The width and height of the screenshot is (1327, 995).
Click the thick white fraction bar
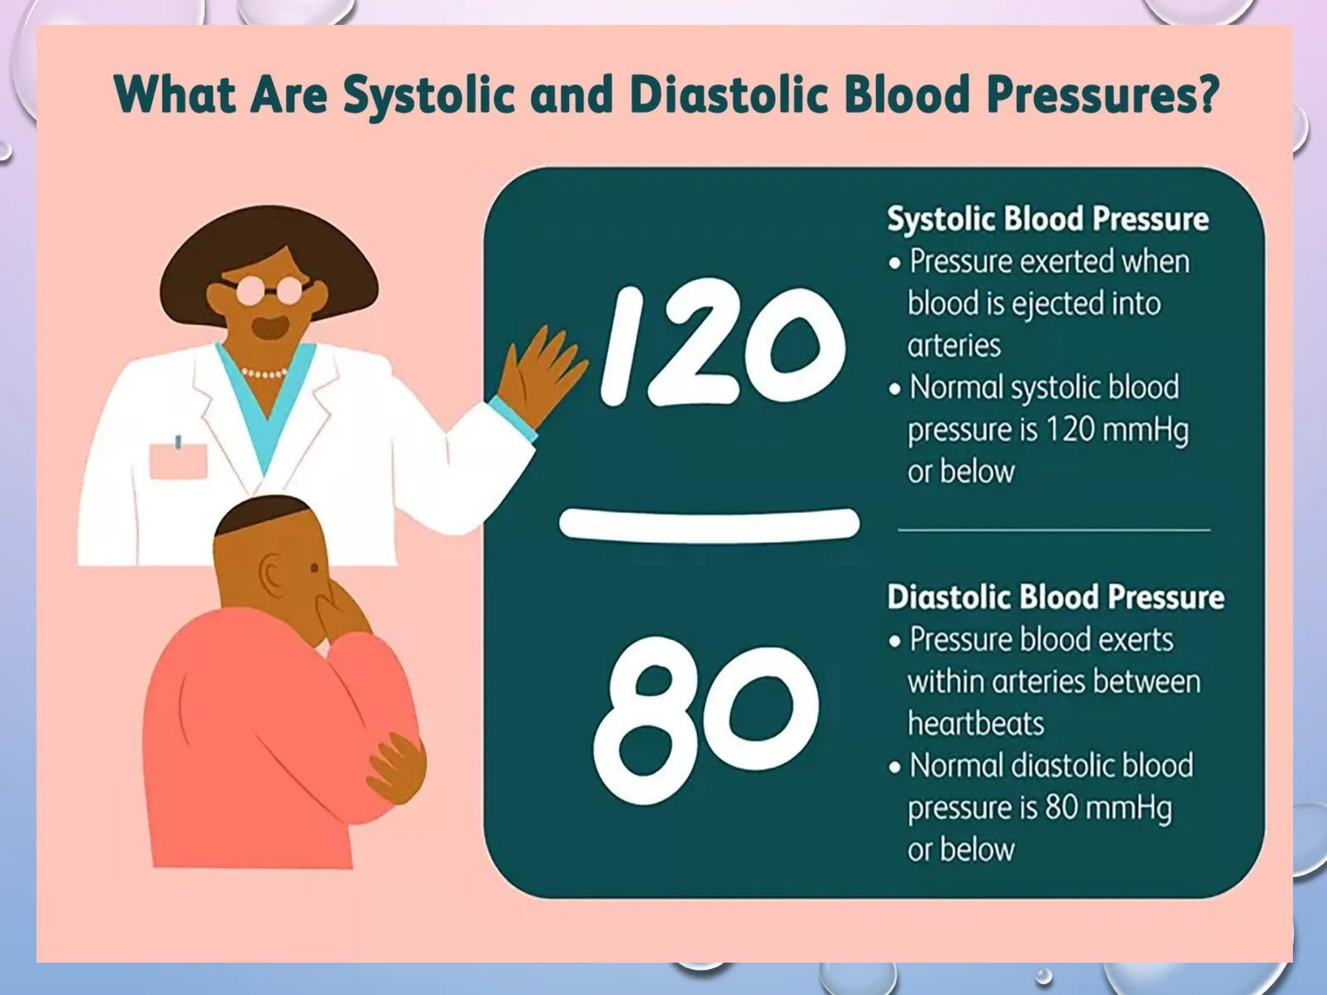pos(709,523)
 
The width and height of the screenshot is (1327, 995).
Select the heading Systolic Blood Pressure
pos(1047,219)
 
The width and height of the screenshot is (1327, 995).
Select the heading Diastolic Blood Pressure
pos(1055,597)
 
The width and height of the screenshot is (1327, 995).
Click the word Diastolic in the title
pos(728,95)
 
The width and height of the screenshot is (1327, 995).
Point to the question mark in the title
pos(1205,95)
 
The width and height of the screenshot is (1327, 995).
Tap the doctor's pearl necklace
pos(264,374)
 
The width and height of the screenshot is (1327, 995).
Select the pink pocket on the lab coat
pos(178,461)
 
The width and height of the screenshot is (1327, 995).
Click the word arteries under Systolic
pos(954,345)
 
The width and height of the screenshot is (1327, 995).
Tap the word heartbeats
pos(975,723)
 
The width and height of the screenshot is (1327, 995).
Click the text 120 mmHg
pos(1117,430)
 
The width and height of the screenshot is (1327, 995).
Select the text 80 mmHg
pos(1108,808)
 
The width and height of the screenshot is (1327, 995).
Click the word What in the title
pos(175,95)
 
